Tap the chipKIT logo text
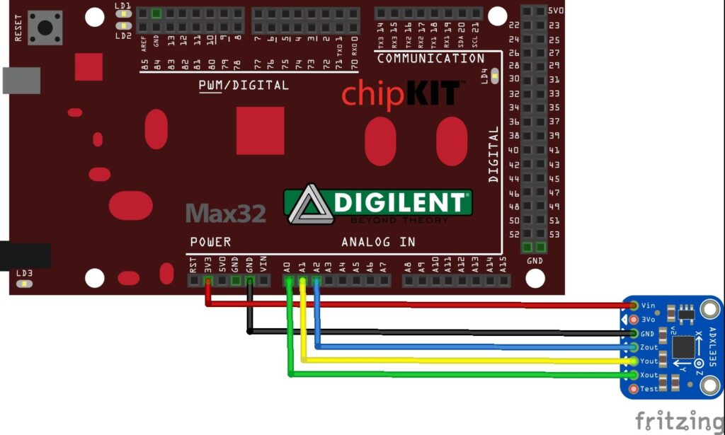[403, 96]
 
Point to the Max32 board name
[226, 213]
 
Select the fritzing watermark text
[678, 419]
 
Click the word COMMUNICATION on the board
[430, 59]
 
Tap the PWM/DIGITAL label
[244, 86]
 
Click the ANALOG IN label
[378, 242]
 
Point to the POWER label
[210, 242]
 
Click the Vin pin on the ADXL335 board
[634, 306]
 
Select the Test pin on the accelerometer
[634, 388]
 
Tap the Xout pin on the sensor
[634, 375]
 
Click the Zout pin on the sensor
[634, 347]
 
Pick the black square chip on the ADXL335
[683, 347]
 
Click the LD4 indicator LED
[494, 76]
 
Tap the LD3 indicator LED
[25, 284]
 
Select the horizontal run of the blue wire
[467, 347]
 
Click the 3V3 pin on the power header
[207, 281]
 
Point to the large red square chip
[260, 131]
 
